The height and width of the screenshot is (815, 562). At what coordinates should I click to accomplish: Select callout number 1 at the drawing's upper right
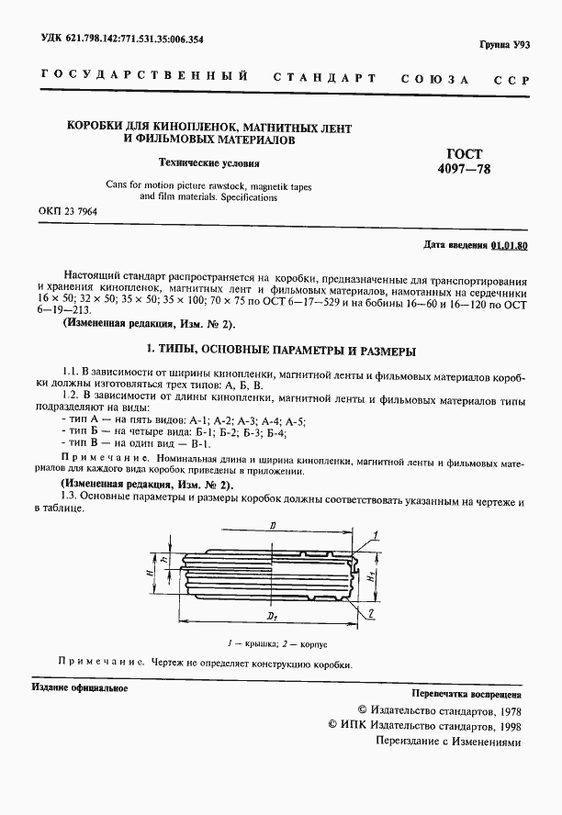(377, 533)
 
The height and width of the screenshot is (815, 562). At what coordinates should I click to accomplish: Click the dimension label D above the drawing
(274, 526)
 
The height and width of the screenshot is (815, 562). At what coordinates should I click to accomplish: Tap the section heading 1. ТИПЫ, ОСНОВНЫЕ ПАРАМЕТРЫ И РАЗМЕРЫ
(282, 351)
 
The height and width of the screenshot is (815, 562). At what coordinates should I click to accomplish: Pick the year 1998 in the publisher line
(505, 726)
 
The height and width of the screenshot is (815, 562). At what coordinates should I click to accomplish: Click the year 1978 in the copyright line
(505, 710)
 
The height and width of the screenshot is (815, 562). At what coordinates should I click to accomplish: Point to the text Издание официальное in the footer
(79, 687)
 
